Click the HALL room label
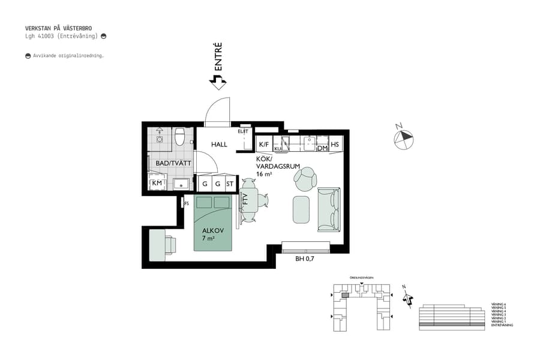point(218,145)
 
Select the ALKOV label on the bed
point(212,230)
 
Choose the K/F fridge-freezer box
point(263,145)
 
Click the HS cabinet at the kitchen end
point(335,145)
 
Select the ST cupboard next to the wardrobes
point(230,184)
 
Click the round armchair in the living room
point(307,178)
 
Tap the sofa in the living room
point(328,209)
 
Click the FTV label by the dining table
point(245,200)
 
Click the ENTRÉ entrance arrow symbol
point(214,81)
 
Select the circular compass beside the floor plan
point(404,139)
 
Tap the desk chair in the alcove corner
point(170,245)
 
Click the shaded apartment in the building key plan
point(344,295)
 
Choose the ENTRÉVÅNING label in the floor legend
point(502,325)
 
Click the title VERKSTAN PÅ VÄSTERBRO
point(58,28)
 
